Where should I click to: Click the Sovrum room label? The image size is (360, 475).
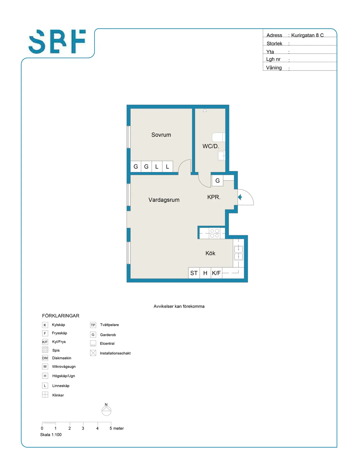pos(161,135)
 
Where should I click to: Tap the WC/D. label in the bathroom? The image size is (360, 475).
pos(211,146)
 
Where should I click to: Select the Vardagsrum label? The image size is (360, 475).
pos(164,200)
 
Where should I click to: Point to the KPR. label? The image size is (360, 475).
pos(214,197)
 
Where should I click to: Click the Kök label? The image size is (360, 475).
pos(210,254)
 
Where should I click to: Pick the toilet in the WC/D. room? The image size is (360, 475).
pos(218,137)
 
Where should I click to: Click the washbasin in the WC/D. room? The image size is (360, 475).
pos(221,156)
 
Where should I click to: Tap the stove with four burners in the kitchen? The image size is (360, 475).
pos(214,233)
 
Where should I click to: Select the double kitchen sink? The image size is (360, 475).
pos(238,253)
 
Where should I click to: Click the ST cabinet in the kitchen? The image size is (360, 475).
pos(194,273)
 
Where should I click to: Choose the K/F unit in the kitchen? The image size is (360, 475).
pos(216,273)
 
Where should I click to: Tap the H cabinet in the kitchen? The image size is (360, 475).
pos(205,273)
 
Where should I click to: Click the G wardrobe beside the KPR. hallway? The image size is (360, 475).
pos(217,181)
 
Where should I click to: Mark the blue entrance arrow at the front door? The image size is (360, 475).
pos(240,197)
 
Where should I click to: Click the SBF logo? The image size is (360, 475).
pos(57,41)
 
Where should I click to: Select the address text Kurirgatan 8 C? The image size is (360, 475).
pos(307,35)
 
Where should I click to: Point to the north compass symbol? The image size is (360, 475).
pos(106,410)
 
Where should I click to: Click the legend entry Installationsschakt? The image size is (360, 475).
pos(115,353)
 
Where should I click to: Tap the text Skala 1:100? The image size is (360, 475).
pos(51,435)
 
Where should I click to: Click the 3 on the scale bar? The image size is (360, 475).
pos(83,428)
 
